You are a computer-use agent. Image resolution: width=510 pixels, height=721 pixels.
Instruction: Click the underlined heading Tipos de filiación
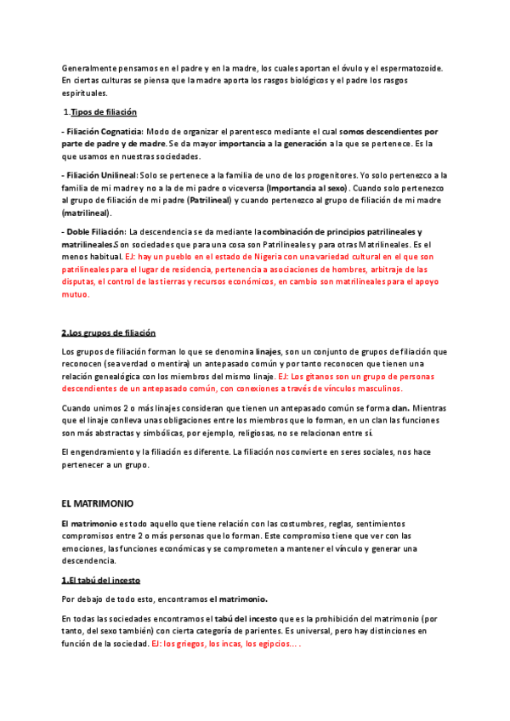point(103,112)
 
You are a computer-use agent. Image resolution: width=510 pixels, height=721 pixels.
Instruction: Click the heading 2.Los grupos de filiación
point(109,332)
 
